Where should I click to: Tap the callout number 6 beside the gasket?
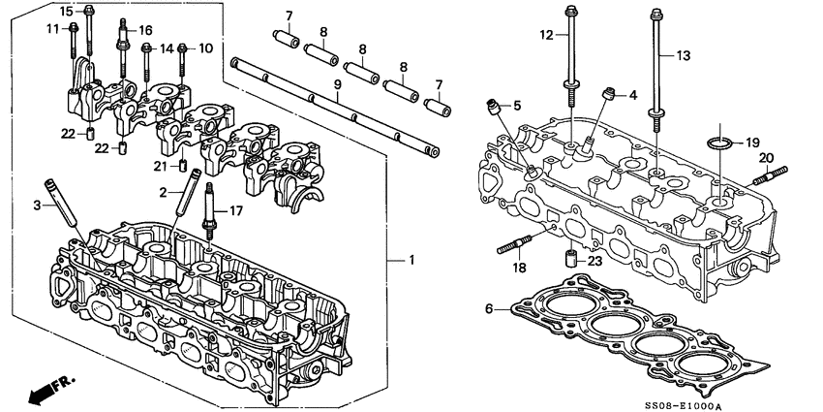[x=489, y=309]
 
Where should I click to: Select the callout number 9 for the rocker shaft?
[x=336, y=86]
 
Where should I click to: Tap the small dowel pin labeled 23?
[x=571, y=261]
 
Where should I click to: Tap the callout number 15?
[x=66, y=11]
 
